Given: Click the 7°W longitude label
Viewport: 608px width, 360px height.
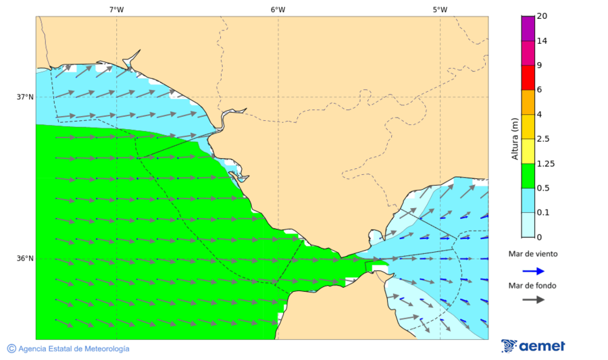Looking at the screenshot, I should pyautogui.click(x=116, y=9).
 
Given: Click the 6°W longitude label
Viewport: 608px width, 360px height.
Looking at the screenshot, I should pyautogui.click(x=278, y=9).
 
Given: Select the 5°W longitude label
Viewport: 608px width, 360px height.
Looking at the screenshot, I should pyautogui.click(x=440, y=9).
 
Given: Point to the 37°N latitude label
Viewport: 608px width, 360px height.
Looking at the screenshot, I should pyautogui.click(x=25, y=97).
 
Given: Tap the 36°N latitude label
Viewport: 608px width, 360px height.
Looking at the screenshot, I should pyautogui.click(x=25, y=259).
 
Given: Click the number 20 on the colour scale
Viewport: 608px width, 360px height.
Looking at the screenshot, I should pyautogui.click(x=542, y=16).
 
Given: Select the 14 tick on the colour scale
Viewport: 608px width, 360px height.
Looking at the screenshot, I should pyautogui.click(x=542, y=41).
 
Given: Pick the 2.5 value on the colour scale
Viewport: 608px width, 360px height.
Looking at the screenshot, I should pyautogui.click(x=542, y=139).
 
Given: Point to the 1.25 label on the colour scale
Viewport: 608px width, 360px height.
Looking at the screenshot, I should pyautogui.click(x=544, y=163).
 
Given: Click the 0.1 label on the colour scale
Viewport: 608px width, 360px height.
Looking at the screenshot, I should pyautogui.click(x=542, y=213).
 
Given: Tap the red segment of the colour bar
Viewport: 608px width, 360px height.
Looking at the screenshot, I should pyautogui.click(x=527, y=78).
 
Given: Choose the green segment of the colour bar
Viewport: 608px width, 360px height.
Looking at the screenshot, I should pyautogui.click(x=527, y=176).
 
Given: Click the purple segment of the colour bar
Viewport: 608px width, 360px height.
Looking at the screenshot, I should pyautogui.click(x=527, y=28).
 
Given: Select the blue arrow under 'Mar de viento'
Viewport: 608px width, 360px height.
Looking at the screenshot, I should pyautogui.click(x=533, y=271).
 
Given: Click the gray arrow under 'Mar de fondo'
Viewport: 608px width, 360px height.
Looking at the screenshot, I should pyautogui.click(x=533, y=299).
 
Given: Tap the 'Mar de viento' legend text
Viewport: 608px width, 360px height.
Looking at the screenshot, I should pyautogui.click(x=533, y=254).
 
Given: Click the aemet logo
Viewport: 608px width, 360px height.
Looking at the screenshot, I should pyautogui.click(x=533, y=346).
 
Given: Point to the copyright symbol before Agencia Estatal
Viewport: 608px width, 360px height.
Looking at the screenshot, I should pyautogui.click(x=11, y=349).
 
